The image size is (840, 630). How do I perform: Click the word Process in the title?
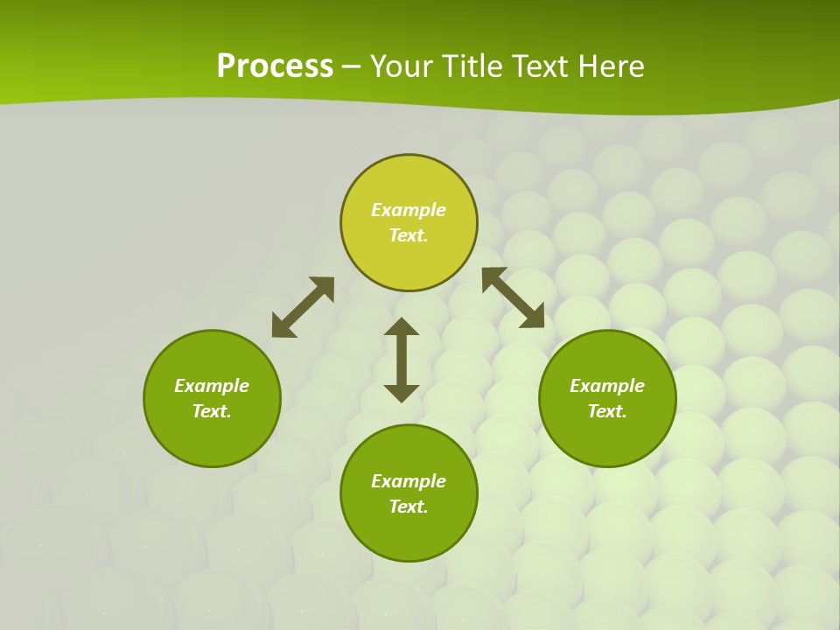pyautogui.click(x=275, y=66)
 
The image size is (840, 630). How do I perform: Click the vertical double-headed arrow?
pyautogui.click(x=402, y=360)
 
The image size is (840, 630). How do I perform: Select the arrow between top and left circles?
pyautogui.click(x=303, y=307)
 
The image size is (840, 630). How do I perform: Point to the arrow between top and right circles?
pyautogui.click(x=513, y=297)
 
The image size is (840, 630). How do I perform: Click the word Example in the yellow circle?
pyautogui.click(x=409, y=210)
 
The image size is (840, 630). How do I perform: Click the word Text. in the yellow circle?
pyautogui.click(x=409, y=235)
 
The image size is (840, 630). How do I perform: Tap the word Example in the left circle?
pyautogui.click(x=212, y=386)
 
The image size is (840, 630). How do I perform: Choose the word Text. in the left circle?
pyautogui.click(x=212, y=411)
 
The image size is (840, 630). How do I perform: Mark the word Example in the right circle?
pyautogui.click(x=607, y=386)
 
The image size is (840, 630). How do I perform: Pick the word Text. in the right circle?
pyautogui.click(x=607, y=411)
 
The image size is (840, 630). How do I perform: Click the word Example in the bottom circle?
pyautogui.click(x=409, y=481)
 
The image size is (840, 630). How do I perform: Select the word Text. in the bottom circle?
pyautogui.click(x=409, y=507)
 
